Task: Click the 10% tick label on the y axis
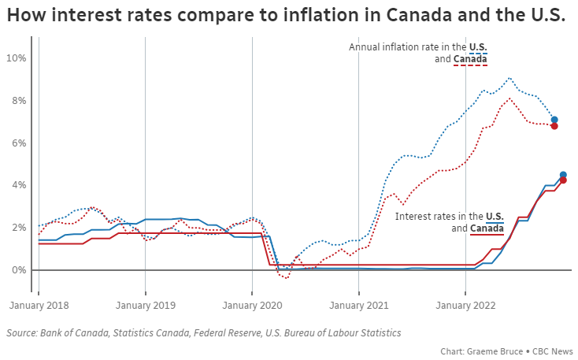17,58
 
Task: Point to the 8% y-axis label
19,101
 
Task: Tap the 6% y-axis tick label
19,143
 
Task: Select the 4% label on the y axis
19,185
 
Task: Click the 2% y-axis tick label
19,228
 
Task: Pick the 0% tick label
19,270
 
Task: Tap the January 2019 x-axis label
146,305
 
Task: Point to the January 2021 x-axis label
359,305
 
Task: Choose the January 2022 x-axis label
465,305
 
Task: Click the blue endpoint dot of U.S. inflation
554,120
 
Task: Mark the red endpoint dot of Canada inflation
554,126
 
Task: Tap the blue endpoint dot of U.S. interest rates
563,175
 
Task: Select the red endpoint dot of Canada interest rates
563,180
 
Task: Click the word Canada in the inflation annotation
471,59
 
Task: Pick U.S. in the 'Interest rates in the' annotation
495,216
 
